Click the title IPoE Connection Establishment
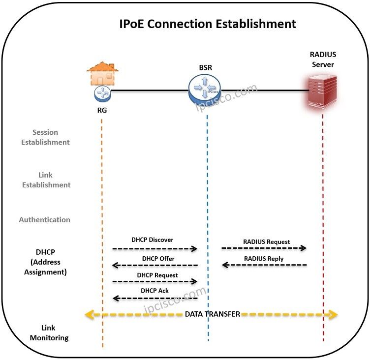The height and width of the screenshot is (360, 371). [x=208, y=24]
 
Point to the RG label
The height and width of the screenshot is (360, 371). [x=102, y=110]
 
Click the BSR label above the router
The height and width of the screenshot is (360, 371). [x=205, y=67]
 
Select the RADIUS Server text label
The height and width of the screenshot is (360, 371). [x=323, y=60]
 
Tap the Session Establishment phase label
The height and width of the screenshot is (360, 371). [x=44, y=137]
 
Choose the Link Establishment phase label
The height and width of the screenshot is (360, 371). [x=45, y=180]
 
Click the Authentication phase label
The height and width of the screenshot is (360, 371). [x=45, y=220]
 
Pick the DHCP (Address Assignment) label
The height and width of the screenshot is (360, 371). [x=45, y=262]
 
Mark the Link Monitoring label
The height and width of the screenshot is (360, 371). [x=49, y=333]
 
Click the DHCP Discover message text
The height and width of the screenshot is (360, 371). [x=152, y=240]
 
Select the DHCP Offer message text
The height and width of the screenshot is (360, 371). [x=158, y=258]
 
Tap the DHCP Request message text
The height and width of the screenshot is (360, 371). [x=157, y=275]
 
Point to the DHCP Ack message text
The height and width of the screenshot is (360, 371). [x=155, y=291]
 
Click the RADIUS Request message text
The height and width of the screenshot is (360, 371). [x=266, y=242]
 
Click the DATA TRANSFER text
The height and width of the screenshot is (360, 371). [x=213, y=314]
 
